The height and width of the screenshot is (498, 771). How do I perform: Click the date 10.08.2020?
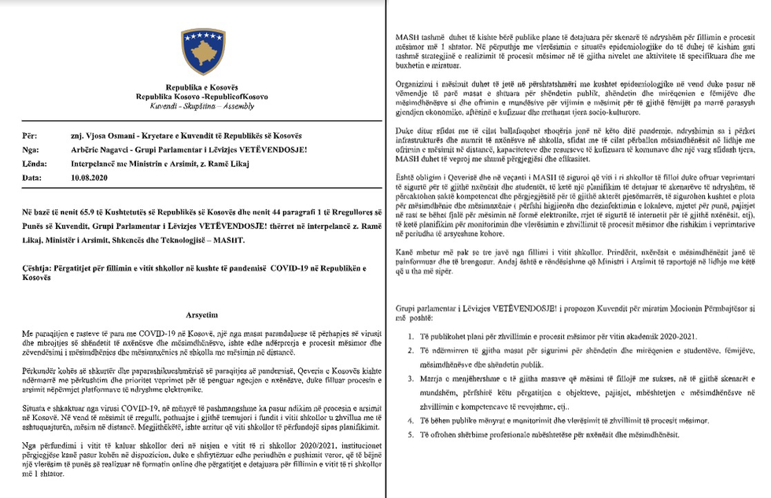click(x=87, y=178)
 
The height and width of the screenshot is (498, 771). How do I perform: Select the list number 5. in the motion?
click(x=411, y=435)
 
